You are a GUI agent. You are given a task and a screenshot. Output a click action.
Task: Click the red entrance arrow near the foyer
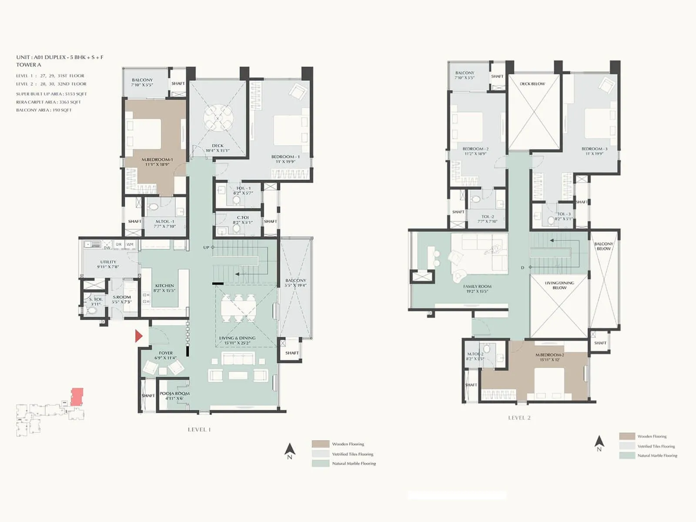(139, 336)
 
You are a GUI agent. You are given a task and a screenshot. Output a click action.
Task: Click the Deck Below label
(532, 84)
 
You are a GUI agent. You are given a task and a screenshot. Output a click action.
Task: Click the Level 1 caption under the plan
(199, 429)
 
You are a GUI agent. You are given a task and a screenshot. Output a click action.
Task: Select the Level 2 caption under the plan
(519, 418)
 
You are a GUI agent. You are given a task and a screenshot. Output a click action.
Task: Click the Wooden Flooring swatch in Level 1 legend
(320, 444)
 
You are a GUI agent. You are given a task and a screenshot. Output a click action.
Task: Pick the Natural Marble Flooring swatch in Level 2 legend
(627, 455)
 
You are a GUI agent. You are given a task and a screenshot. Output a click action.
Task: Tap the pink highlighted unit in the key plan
(77, 396)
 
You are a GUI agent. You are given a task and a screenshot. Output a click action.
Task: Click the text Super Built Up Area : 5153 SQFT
(51, 94)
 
